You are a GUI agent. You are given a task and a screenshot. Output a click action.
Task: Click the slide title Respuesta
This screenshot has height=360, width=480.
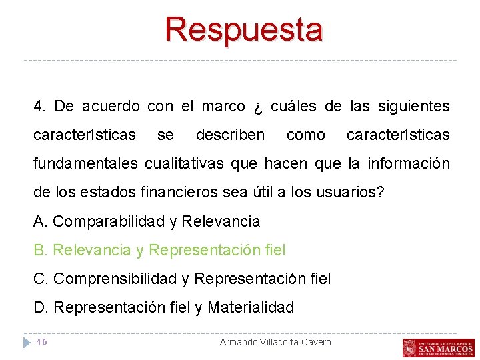(x=244, y=29)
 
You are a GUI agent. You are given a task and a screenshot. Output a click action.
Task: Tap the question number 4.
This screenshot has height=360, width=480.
(x=40, y=106)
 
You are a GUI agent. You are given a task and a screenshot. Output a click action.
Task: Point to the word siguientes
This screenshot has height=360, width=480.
(x=414, y=106)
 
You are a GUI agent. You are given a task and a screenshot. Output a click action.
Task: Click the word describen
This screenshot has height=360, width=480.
(x=230, y=135)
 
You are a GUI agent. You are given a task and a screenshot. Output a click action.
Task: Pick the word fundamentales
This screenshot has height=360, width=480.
(x=85, y=163)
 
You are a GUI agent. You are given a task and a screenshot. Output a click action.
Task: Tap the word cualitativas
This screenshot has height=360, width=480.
(x=191, y=163)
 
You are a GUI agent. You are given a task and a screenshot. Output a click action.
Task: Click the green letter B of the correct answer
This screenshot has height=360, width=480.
(x=39, y=250)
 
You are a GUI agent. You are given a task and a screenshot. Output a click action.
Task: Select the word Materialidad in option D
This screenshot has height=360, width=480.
(x=251, y=307)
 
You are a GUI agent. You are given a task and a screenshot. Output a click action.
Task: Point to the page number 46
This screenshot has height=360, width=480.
(x=41, y=342)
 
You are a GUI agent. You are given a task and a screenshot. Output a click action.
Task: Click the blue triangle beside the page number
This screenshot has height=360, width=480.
(x=27, y=342)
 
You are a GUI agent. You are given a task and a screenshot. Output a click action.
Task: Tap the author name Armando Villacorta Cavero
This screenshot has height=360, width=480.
(x=275, y=342)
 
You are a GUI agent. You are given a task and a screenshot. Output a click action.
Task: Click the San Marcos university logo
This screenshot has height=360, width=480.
(x=438, y=347)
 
